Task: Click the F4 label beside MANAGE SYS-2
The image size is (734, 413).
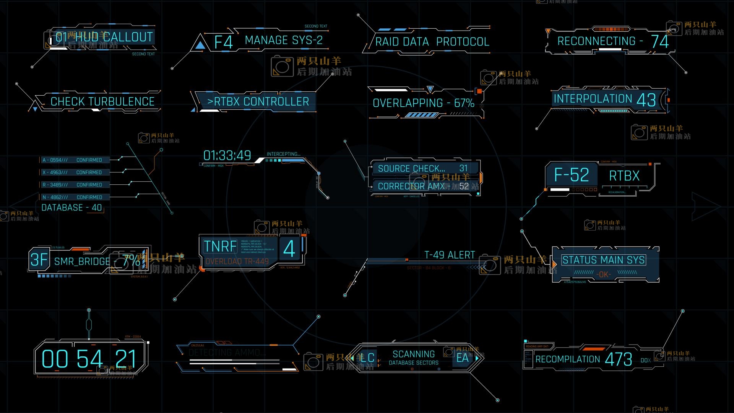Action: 224,42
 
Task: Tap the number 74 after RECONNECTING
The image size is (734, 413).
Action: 660,42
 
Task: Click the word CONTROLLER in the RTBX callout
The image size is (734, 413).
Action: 276,102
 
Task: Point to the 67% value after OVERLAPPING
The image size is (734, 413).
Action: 464,103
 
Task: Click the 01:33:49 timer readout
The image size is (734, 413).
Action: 227,156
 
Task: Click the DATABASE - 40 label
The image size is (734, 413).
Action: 71,208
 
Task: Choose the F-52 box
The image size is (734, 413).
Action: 572,175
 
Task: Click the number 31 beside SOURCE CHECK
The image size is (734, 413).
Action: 463,168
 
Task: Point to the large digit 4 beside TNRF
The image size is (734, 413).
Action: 289,249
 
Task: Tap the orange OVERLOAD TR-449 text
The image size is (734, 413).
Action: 237,262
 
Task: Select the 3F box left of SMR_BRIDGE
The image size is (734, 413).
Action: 39,260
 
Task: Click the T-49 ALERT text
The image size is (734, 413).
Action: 450,255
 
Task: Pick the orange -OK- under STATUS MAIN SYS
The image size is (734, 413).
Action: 604,274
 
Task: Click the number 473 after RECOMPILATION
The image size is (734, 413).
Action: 618,359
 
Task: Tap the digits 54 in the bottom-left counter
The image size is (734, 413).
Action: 90,359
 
